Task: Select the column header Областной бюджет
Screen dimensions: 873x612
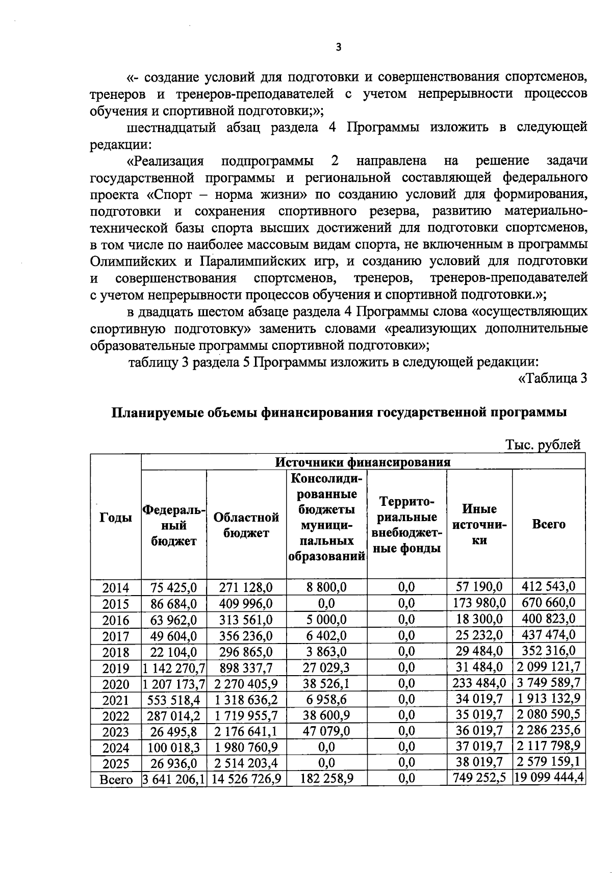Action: coord(246,525)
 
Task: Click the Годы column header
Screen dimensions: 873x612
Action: coord(116,517)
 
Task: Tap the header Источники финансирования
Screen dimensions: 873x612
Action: coord(363,462)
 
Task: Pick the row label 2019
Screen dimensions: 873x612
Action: coord(116,668)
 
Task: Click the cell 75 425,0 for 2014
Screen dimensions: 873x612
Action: coord(174,587)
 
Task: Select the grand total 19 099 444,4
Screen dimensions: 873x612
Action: coord(549,778)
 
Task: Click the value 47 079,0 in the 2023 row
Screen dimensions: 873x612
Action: coord(326,731)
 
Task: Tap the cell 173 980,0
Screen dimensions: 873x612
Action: coord(479,604)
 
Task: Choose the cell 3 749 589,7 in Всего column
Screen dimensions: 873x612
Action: coord(549,683)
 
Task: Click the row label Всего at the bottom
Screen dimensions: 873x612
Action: coord(116,780)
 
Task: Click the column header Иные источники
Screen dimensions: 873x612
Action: coord(479,524)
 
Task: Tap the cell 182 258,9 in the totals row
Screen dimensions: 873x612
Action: coord(326,779)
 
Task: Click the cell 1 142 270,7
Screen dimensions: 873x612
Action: coord(174,667)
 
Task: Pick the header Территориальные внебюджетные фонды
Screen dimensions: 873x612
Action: coord(406,525)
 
